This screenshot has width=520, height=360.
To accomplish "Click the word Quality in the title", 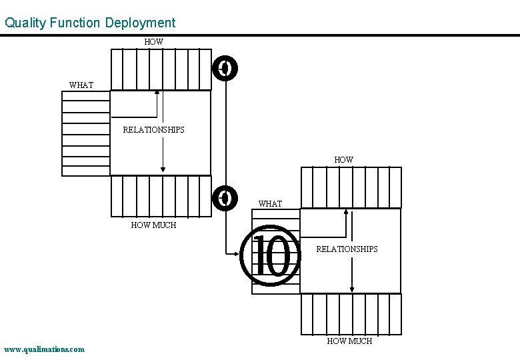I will click(25, 23).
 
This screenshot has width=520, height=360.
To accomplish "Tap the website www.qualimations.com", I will click(44, 349).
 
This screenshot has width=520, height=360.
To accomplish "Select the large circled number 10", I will click(272, 257).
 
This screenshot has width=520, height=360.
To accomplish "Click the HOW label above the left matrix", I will click(153, 42).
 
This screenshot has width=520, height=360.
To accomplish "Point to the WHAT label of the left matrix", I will click(81, 85).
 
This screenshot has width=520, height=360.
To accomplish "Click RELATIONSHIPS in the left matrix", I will click(153, 130).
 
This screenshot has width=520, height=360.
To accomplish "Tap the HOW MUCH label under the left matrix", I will click(153, 225).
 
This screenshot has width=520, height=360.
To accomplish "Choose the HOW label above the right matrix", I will click(343, 160).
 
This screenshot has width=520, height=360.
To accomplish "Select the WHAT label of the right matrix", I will click(270, 204).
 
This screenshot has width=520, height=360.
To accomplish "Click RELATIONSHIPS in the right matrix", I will click(347, 249).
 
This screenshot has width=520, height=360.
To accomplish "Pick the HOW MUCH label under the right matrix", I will click(349, 341).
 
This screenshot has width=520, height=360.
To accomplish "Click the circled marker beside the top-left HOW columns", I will click(225, 68).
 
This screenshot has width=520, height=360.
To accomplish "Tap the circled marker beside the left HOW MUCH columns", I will click(225, 197).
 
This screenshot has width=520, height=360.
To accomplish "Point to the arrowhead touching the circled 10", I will click(244, 253).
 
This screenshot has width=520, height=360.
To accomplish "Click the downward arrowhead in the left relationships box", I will click(163, 171).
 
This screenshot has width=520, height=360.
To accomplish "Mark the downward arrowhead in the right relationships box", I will click(352, 289).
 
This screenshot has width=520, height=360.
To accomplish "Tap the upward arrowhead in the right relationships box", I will click(346, 212).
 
